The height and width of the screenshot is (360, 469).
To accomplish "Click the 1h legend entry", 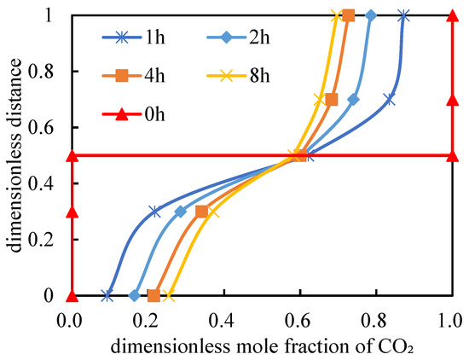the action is [133, 38].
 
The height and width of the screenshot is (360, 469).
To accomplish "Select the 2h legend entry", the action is [238, 38].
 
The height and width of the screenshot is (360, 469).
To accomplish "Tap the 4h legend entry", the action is [133, 76].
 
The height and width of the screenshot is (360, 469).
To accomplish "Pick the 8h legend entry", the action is [238, 76].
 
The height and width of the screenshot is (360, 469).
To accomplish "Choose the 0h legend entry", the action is [133, 114].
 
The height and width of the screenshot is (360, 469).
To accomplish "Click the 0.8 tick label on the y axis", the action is [41, 72].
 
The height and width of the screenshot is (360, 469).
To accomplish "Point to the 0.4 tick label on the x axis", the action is [224, 322].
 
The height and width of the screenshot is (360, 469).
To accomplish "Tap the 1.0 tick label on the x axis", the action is [452, 322].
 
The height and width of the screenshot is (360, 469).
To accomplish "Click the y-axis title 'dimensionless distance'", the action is [14, 155].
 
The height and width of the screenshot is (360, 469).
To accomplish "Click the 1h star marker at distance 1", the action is [403, 15].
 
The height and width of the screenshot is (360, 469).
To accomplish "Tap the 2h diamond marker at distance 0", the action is [135, 296].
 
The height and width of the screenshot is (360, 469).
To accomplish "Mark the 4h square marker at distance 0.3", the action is [202, 212].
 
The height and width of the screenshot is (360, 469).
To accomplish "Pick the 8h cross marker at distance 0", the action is [170, 296].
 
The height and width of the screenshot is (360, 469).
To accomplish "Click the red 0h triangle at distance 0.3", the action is [72, 212].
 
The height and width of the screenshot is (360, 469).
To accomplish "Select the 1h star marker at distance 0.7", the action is [390, 99].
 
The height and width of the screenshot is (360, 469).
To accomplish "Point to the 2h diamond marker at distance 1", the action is [371, 15].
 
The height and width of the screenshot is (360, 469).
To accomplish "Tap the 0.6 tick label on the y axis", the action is [41, 127].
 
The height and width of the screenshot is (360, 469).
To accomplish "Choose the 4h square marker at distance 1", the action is [348, 15].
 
